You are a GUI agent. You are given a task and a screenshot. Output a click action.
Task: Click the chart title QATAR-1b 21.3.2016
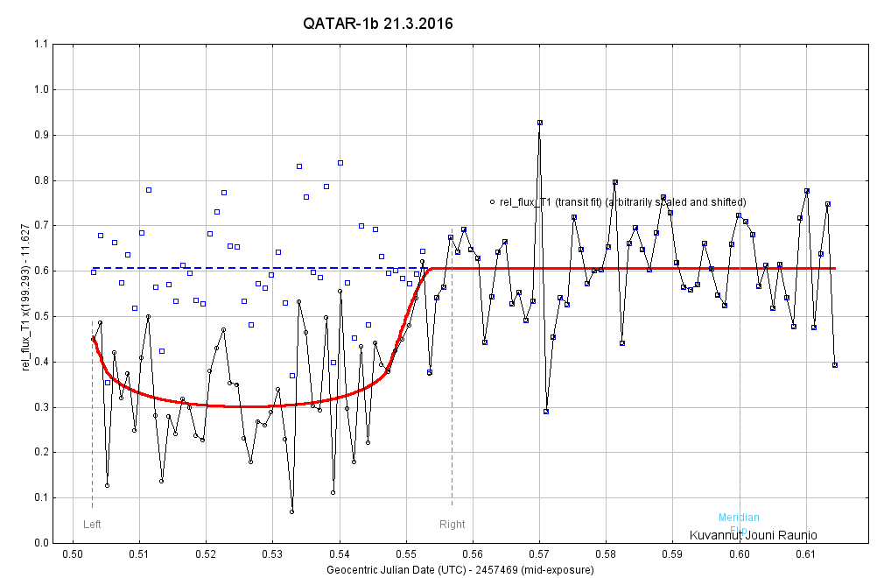point(377,24)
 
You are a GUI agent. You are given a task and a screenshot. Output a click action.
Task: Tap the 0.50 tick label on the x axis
point(73,553)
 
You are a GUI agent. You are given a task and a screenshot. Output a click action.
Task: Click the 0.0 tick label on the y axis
point(40,543)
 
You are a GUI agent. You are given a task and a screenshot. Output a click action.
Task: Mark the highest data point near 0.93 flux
point(540,123)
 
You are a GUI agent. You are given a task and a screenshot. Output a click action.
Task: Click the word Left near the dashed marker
point(92,525)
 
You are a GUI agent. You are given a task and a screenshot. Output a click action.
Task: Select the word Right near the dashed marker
point(453,525)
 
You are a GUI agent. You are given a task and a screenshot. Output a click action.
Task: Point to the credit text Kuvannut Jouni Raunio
point(754,535)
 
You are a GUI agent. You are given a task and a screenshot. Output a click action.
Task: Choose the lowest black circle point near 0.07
point(291,511)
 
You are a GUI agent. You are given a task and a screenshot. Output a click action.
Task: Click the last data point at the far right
point(835,365)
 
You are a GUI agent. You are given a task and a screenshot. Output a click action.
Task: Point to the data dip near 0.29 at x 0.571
point(546,411)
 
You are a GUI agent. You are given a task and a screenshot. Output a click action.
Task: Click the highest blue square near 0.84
point(340,163)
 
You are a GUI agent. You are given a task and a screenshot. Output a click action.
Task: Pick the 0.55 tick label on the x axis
point(406,553)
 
